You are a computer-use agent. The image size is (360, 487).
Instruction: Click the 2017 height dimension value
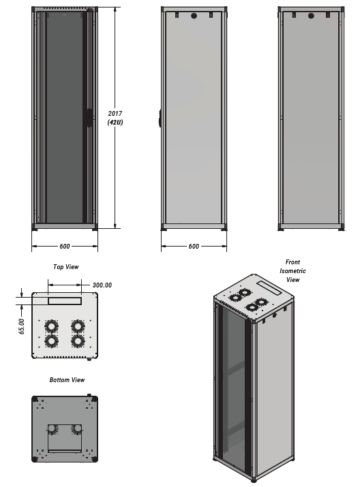pos(115,114)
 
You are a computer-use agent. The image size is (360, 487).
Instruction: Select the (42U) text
pos(115,123)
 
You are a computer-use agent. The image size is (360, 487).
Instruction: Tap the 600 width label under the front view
pos(64,247)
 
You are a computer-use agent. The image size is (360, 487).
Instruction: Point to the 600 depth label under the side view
pos(194,247)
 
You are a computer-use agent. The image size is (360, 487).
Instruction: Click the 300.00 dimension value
pos(102,285)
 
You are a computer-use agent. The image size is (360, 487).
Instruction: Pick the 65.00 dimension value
pos(22,326)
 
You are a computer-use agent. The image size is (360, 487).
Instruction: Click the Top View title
pos(66,267)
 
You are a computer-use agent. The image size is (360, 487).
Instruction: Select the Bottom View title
pos(67,380)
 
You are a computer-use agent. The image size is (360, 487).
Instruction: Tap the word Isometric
pos(292,271)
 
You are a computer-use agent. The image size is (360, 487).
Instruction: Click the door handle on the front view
pos(89,118)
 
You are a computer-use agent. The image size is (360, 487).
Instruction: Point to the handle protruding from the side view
pos(160,118)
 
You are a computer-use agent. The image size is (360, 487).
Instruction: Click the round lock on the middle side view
pos(194,16)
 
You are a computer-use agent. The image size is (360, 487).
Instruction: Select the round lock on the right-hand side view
pos(311,16)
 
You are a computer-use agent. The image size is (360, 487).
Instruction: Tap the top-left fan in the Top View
pos(51,327)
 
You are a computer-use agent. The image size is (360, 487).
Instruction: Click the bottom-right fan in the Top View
pos(78,341)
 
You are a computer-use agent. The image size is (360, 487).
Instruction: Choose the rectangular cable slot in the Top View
pos(65,300)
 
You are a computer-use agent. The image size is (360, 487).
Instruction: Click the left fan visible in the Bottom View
pos(52,429)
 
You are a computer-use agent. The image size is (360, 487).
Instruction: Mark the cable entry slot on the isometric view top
pos(269,288)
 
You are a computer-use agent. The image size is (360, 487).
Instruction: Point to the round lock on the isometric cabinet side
pos(274,315)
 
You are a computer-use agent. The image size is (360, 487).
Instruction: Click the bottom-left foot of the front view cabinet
pos(35,230)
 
